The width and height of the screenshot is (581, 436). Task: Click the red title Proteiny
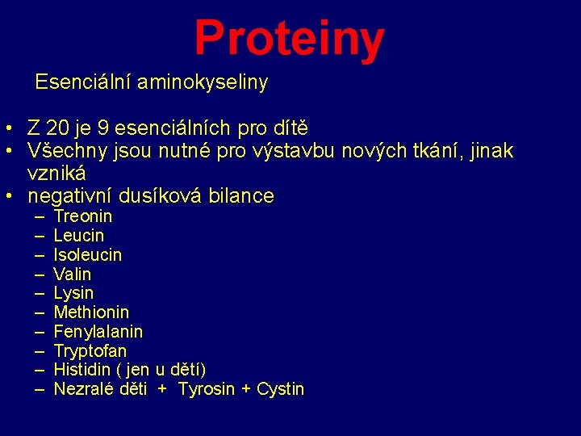point(289,38)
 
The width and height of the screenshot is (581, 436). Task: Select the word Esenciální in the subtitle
point(83,82)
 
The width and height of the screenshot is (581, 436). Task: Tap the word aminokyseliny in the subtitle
point(203,82)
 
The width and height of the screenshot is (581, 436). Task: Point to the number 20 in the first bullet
point(58,128)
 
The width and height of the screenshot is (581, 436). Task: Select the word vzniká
point(57,173)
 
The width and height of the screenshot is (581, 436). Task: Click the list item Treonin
point(83,216)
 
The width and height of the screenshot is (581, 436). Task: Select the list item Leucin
point(79,236)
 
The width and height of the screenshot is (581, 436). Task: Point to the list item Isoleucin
point(88,255)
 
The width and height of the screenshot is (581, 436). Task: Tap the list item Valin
point(73,275)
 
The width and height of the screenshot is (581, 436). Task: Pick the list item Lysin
point(73,293)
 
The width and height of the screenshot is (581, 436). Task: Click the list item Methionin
point(91,312)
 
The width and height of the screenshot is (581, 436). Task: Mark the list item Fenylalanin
point(98,332)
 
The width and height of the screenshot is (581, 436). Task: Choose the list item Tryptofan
point(90,351)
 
